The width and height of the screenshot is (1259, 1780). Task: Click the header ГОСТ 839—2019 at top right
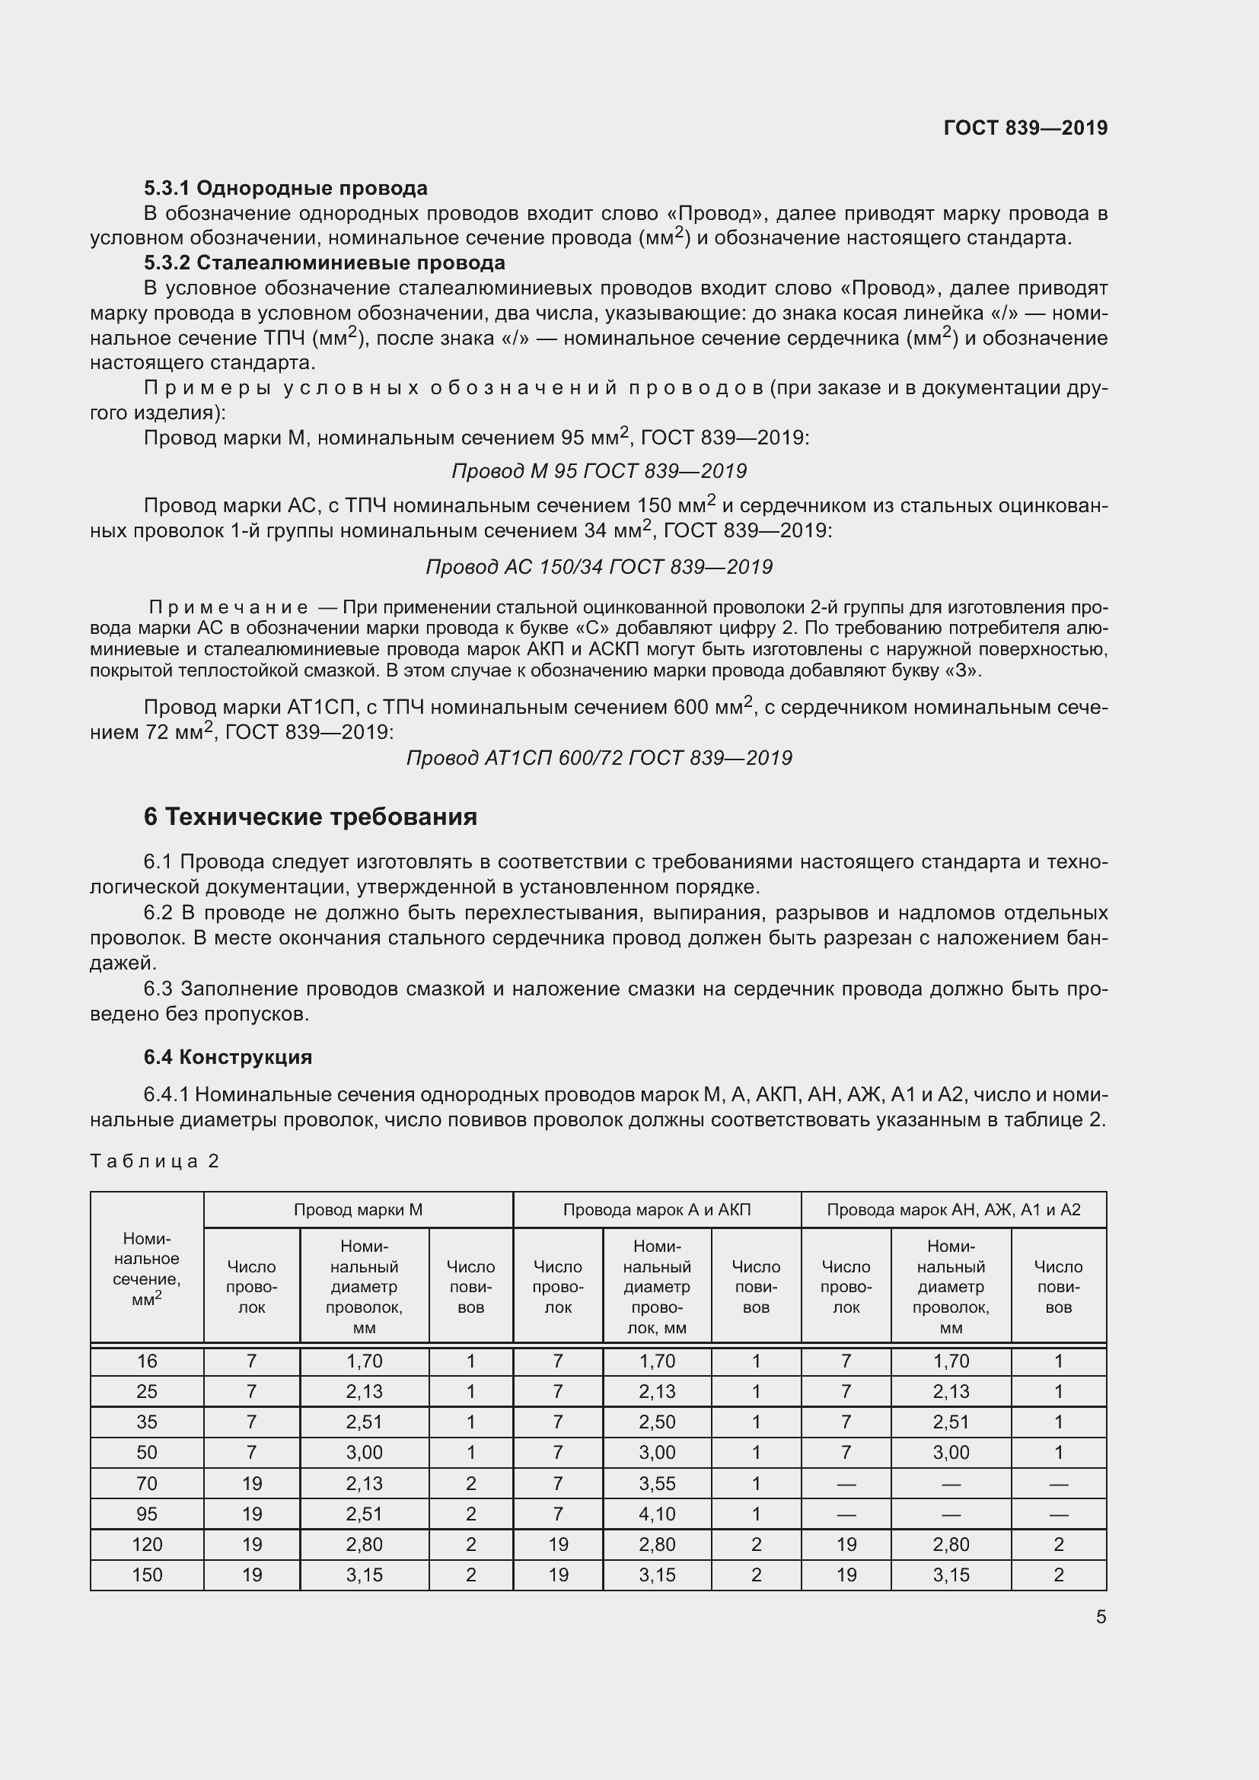(x=1025, y=128)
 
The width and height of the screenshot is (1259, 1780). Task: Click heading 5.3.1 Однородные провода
(x=285, y=188)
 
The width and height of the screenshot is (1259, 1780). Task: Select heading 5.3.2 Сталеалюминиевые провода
(x=324, y=263)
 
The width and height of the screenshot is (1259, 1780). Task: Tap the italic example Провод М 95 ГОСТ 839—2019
(x=598, y=471)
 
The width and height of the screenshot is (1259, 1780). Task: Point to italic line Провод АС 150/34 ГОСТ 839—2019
(x=598, y=567)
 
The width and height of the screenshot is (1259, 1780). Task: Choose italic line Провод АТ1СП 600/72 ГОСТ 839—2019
(x=598, y=757)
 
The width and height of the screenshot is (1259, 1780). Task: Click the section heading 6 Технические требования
(x=310, y=817)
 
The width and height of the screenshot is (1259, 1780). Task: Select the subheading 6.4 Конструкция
(x=228, y=1057)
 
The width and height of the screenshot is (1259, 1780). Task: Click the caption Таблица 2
(x=155, y=1161)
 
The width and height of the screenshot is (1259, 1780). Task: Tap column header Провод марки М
(x=358, y=1209)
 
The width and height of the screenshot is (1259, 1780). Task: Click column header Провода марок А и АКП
(x=657, y=1209)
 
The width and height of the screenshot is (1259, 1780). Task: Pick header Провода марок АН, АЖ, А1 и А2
(x=953, y=1209)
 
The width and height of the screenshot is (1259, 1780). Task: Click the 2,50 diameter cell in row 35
(x=657, y=1422)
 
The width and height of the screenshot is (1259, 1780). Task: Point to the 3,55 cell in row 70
(x=657, y=1483)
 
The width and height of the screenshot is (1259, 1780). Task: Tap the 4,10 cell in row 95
(x=657, y=1514)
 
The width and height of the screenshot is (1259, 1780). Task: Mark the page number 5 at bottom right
(x=1100, y=1616)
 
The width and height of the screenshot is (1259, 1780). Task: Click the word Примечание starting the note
(x=228, y=607)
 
